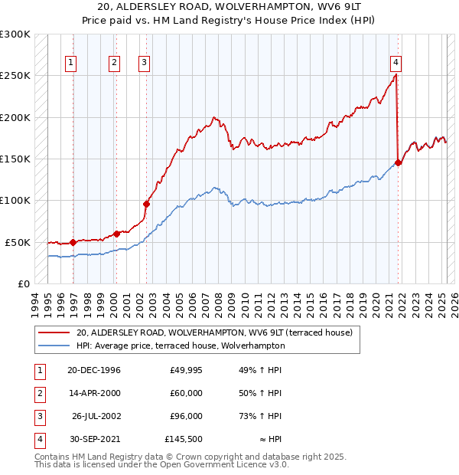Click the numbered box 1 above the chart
[71, 63]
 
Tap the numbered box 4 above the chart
[396, 63]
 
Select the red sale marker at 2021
[399, 162]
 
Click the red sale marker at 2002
[146, 204]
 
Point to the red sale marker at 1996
[73, 242]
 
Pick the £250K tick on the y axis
[15, 76]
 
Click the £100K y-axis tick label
[15, 200]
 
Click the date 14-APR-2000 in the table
[94, 393]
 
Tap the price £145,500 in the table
[184, 439]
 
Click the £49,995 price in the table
[187, 370]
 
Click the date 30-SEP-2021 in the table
[94, 439]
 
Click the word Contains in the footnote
[53, 457]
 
